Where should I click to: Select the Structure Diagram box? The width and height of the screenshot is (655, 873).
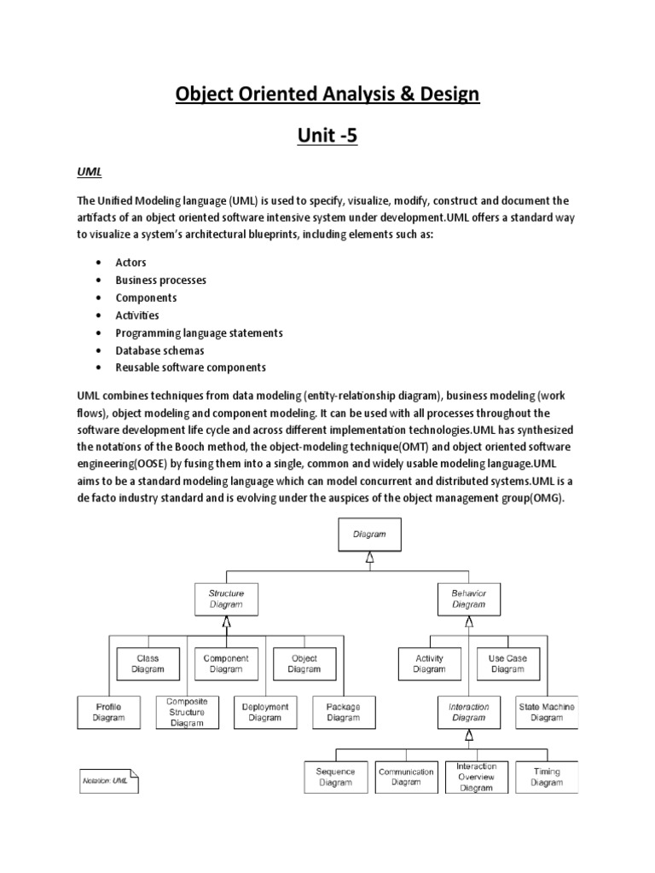226,598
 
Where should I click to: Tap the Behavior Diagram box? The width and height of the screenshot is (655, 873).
468,598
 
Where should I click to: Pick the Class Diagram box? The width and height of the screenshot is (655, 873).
148,663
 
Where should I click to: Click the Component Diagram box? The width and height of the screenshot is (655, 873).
226,663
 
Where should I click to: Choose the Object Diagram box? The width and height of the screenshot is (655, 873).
304,663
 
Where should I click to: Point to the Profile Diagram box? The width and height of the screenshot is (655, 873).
108,713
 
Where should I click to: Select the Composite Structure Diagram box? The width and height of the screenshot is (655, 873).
187,712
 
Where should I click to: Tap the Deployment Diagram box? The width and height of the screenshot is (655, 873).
265,713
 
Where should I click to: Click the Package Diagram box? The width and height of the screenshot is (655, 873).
343,713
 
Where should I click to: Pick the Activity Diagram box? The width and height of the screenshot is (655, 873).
429,663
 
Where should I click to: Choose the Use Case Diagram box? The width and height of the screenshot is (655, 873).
507,663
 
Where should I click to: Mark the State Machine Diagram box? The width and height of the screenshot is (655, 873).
547,713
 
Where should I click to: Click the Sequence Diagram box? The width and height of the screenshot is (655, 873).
335,777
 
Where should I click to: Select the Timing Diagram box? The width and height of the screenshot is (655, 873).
547,777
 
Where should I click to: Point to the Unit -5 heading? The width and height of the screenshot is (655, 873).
327,134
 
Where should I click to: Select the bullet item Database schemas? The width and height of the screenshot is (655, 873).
160,350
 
